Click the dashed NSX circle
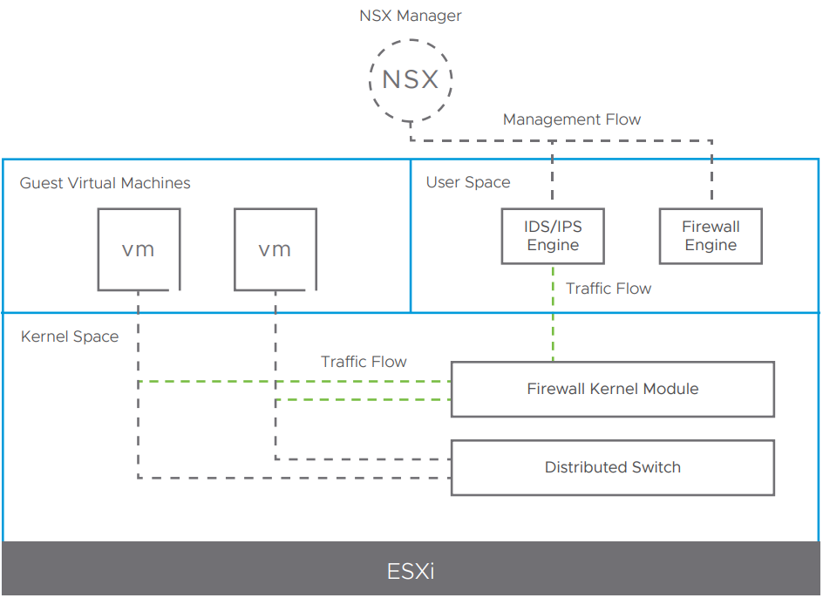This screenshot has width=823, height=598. [410, 80]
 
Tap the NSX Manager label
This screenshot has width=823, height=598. [410, 16]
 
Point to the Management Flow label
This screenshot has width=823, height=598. [571, 119]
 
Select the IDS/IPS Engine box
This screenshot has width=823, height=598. [553, 236]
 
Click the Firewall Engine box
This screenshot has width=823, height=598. [711, 236]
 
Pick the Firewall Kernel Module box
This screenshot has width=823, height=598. [612, 389]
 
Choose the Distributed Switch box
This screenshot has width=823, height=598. [612, 467]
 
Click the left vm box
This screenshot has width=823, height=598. [139, 249]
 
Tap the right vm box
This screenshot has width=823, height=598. [275, 249]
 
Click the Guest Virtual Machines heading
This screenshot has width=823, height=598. [105, 183]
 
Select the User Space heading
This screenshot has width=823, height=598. [468, 182]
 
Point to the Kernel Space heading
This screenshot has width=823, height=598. [70, 336]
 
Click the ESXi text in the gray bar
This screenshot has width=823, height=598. [411, 572]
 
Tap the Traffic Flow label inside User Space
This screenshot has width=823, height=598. [608, 289]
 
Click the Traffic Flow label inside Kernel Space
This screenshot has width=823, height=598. [364, 362]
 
